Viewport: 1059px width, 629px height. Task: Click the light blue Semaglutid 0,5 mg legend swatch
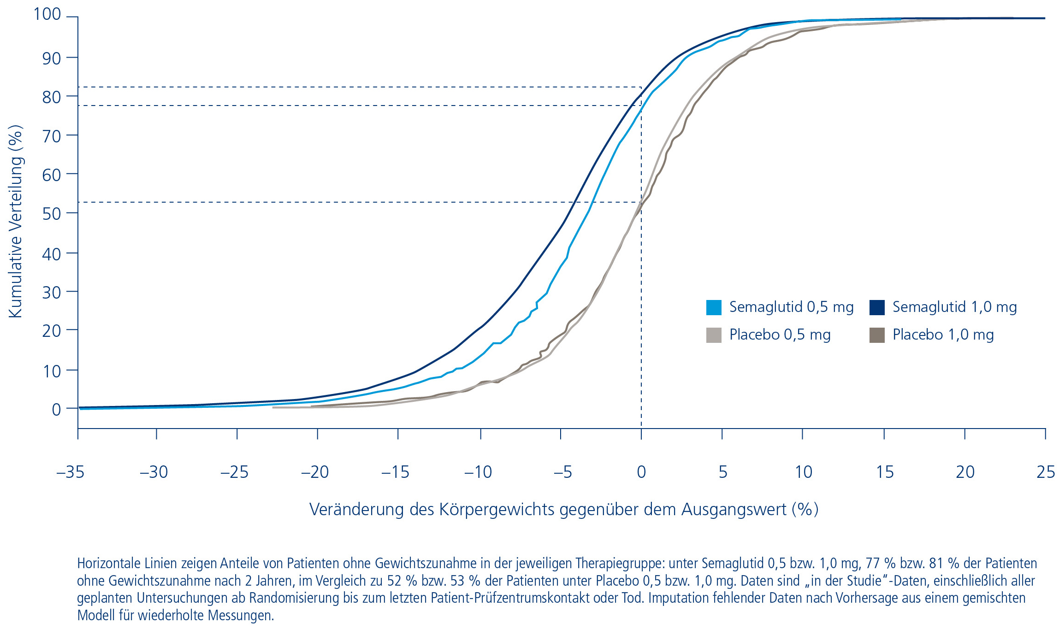point(713,307)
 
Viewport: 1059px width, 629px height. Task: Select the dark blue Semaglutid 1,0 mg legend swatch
point(876,307)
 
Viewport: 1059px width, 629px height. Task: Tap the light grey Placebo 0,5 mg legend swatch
point(713,335)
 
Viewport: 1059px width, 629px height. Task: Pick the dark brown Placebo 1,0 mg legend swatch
point(876,335)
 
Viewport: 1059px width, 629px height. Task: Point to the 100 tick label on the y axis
point(47,14)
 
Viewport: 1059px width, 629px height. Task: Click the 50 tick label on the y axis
point(51,214)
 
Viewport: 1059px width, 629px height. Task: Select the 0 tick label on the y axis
point(56,409)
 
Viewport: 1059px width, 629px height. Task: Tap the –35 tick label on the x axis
point(70,472)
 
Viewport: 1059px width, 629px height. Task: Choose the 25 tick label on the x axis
point(1045,472)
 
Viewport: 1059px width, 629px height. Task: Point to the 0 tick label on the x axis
point(641,472)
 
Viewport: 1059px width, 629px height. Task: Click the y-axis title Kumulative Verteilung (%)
point(15,221)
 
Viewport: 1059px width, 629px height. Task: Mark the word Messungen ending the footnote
point(241,615)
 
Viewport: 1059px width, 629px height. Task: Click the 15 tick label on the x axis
point(885,472)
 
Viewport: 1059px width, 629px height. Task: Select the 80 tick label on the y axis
point(51,97)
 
